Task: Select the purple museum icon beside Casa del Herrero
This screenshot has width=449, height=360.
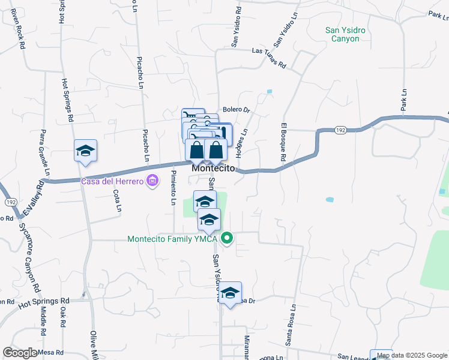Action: tap(152, 180)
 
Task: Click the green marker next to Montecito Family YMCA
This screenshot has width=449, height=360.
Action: tap(227, 239)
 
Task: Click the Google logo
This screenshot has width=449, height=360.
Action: tap(20, 353)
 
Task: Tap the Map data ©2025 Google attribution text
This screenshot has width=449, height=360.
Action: tap(412, 355)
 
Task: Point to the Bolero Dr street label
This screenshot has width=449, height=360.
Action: tap(235, 110)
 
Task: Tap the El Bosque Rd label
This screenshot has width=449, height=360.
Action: tap(283, 142)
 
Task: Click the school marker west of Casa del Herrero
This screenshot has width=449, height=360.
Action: tap(85, 151)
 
